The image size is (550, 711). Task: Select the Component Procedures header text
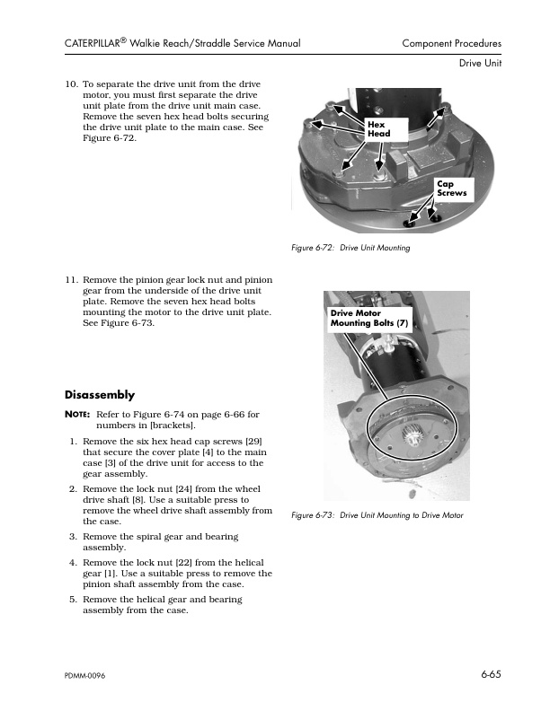(451, 43)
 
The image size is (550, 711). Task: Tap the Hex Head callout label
(378, 127)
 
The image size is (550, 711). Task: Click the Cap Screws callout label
(451, 188)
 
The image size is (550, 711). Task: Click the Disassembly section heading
(100, 395)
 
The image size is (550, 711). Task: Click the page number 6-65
(489, 672)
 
